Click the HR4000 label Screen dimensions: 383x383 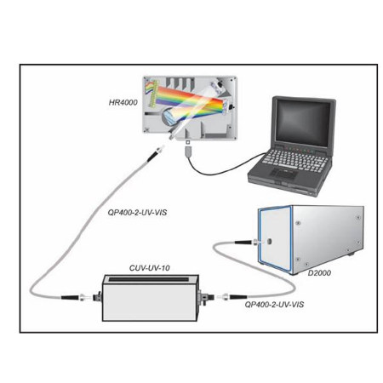(123, 102)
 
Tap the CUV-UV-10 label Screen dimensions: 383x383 (150, 268)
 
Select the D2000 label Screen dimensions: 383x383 (319, 273)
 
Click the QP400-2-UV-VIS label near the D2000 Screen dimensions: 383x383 (274, 305)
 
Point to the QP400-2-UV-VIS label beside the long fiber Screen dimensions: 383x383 (137, 212)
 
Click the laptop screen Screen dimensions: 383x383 (303, 123)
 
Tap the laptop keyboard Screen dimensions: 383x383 (295, 160)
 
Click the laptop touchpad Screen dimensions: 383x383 (283, 173)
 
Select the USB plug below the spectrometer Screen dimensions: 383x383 (188, 151)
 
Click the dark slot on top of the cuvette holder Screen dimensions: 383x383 (149, 279)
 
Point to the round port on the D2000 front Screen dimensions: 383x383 (269, 242)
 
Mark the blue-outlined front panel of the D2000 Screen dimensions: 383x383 (275, 239)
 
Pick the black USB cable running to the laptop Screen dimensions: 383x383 (224, 169)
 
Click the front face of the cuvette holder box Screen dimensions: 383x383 (150, 302)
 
